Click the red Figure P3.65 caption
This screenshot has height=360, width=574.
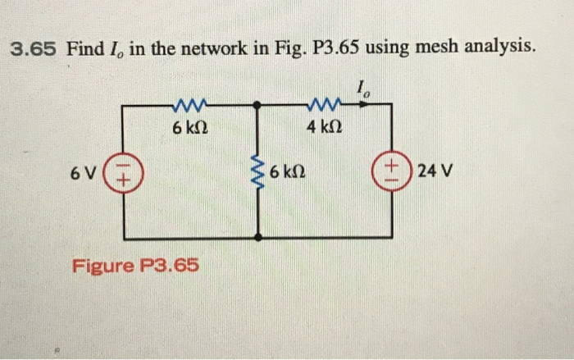(136, 267)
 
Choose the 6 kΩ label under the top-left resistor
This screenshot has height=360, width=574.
(189, 128)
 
